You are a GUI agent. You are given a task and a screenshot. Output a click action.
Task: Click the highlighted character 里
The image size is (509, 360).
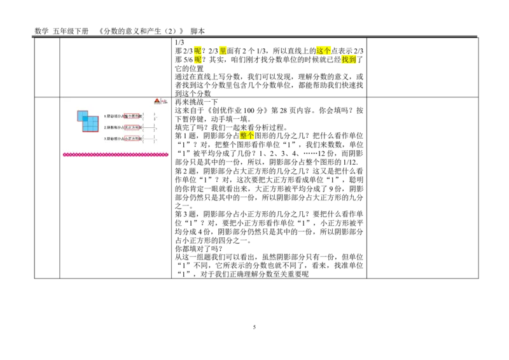tap(223, 51)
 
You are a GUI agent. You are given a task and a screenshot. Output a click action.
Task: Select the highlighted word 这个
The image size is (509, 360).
tap(323, 51)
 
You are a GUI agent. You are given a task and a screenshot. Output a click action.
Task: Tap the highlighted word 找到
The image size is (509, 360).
tap(349, 60)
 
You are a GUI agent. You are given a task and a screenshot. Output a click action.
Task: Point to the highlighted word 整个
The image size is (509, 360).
tap(247, 135)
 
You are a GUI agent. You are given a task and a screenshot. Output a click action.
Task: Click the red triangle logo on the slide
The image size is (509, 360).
tap(157, 100)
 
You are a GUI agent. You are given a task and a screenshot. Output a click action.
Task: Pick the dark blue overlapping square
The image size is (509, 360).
tap(85, 119)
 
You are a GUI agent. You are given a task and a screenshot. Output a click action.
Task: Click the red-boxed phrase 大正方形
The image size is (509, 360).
tap(131, 127)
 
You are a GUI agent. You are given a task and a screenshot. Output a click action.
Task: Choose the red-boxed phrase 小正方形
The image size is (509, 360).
tap(131, 138)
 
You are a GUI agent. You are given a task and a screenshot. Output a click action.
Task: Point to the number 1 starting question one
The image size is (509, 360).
tap(105, 116)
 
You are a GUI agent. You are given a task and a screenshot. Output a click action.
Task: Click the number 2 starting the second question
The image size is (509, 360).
tap(105, 127)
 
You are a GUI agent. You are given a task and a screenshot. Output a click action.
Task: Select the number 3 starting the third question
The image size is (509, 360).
tap(105, 138)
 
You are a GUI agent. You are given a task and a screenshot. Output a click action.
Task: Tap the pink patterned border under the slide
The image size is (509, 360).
tap(115, 155)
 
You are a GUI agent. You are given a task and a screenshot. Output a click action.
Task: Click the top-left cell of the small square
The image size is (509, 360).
tap(80, 114)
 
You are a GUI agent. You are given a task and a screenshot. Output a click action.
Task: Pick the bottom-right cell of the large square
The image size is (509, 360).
tap(95, 128)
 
